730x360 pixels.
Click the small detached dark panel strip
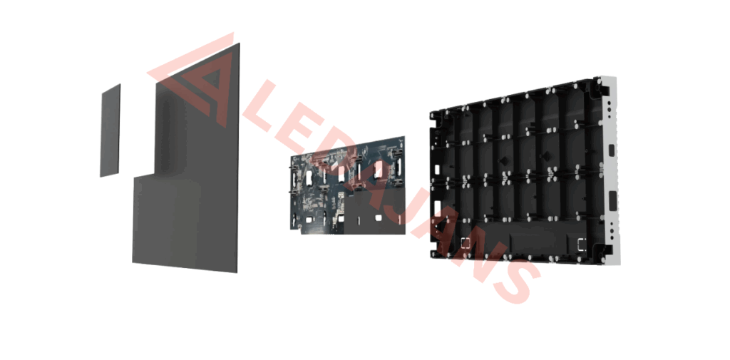click(110, 130)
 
